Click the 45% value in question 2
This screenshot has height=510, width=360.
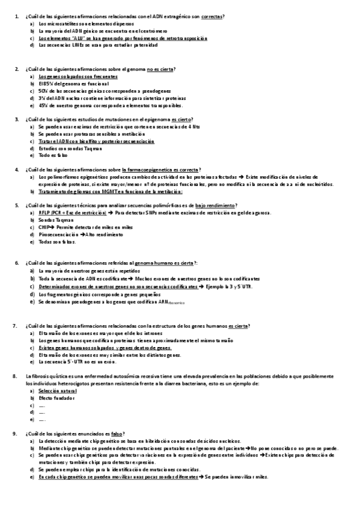coord(43,105)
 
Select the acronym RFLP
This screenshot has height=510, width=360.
coord(44,213)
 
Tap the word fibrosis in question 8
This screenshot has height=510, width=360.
coord(40,376)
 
